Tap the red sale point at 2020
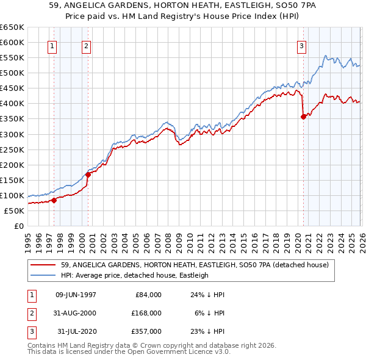303,117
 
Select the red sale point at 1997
54,200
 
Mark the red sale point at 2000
88,175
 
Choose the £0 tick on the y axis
18,226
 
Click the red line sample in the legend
43,265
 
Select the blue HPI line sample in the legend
43,275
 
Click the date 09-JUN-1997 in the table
76,295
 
